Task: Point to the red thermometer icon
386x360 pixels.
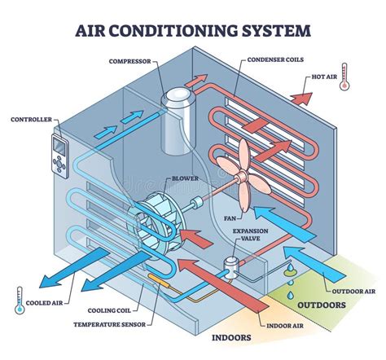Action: click(344, 76)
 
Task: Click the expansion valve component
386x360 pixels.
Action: click(231, 265)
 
